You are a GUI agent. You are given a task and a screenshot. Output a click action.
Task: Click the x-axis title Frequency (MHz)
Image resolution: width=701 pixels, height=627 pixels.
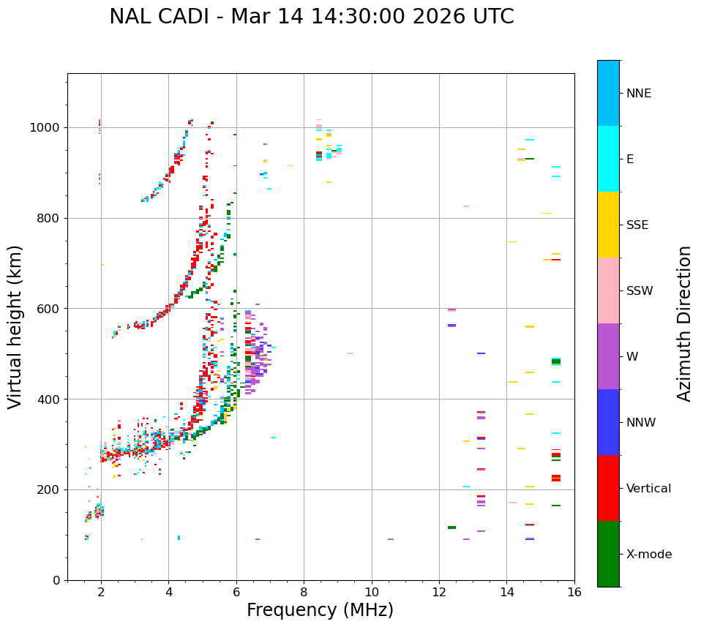(320, 610)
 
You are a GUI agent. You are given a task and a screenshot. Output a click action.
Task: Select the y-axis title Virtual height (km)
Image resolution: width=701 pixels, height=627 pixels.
(15, 327)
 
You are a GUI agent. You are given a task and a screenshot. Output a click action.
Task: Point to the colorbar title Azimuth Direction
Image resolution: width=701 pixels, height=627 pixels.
(684, 323)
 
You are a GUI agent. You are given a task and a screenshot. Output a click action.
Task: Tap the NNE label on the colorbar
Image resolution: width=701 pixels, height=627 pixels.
(638, 94)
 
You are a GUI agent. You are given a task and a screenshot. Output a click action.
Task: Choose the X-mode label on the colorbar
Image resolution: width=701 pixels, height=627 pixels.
(648, 555)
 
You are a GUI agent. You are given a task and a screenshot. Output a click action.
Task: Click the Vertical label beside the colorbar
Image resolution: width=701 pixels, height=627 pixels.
(648, 489)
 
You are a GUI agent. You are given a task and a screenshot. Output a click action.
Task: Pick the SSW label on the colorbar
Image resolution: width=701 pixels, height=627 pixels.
(639, 291)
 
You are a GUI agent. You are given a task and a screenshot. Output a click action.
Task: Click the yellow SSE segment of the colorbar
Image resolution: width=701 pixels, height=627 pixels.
(608, 225)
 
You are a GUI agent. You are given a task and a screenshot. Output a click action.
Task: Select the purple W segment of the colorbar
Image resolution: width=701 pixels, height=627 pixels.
(608, 356)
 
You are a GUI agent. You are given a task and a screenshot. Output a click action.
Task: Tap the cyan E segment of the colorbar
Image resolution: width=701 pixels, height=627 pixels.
(608, 159)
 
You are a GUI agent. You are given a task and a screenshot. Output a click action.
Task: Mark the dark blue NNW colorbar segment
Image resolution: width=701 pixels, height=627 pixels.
(608, 422)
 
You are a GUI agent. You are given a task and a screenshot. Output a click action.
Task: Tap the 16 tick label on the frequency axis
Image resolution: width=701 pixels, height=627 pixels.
(574, 592)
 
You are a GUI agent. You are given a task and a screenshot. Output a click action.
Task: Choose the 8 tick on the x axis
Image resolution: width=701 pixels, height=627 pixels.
(304, 592)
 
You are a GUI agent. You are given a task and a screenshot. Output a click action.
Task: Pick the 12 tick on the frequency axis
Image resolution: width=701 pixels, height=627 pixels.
(439, 592)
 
